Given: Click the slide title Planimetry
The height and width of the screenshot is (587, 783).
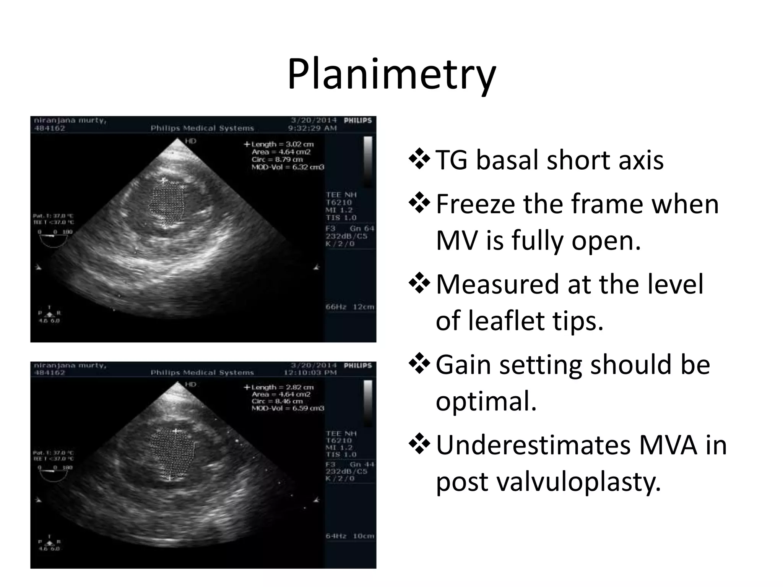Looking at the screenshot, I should point(391,75).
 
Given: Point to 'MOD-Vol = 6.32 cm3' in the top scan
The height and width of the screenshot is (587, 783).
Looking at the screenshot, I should point(288,167).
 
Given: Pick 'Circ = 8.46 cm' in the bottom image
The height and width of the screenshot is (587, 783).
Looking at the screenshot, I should point(277,401).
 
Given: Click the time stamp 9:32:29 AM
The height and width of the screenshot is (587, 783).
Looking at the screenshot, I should point(312,128).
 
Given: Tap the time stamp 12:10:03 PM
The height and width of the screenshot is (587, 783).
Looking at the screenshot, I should point(310,373).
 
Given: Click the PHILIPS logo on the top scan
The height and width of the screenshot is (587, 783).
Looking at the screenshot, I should point(357,120).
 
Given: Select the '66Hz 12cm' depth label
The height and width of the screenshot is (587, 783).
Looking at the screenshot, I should point(349,307).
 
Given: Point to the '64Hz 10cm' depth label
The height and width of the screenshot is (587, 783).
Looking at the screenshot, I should point(349,536).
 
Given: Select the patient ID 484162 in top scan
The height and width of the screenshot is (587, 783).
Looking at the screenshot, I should point(50,128).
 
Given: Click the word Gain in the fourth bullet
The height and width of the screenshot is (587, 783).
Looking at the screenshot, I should point(463,365).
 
